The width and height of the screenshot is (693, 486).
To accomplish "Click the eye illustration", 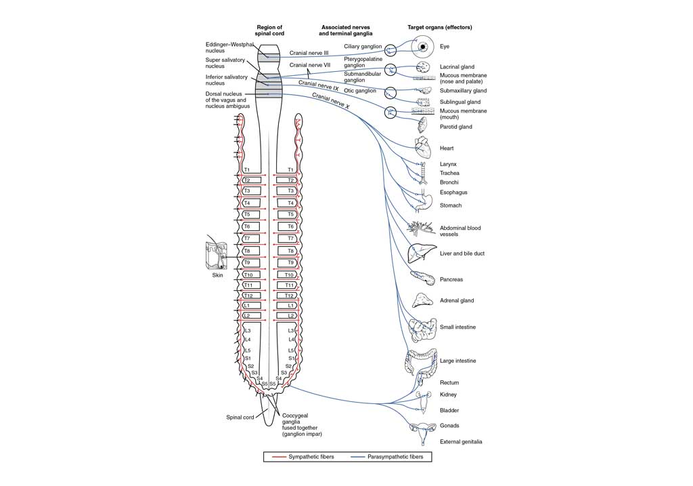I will pyautogui.click(x=424, y=47).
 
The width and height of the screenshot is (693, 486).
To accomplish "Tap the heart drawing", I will pyautogui.click(x=421, y=147).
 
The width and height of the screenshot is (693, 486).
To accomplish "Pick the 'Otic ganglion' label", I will pyautogui.click(x=360, y=91).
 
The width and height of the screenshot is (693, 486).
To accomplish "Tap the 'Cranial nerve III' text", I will pyautogui.click(x=309, y=53).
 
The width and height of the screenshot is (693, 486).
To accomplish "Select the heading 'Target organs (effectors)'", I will pyautogui.click(x=439, y=27).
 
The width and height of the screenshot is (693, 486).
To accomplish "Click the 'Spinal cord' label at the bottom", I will pyautogui.click(x=240, y=418).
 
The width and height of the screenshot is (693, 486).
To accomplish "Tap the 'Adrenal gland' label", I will pyautogui.click(x=457, y=300).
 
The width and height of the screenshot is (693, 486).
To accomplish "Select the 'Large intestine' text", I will pyautogui.click(x=458, y=361).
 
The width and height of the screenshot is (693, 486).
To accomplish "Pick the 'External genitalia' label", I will pyautogui.click(x=461, y=442).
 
